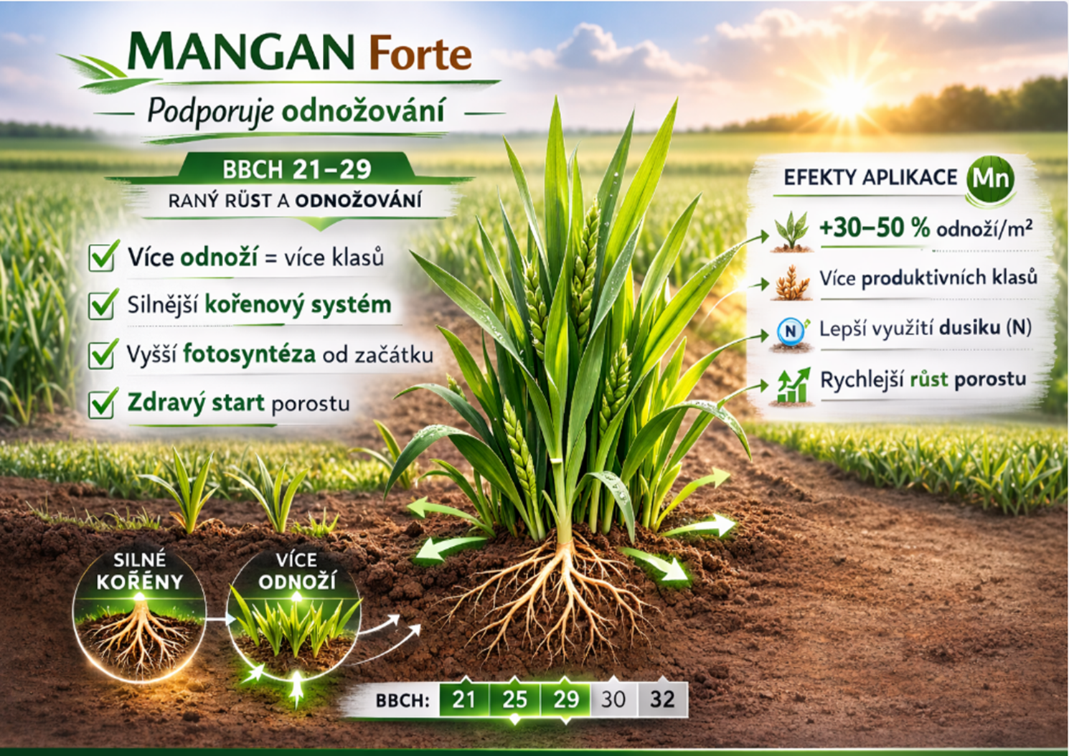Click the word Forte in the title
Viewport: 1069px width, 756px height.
420,54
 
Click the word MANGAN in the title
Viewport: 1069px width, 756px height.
241,52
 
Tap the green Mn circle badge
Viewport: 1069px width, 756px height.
990,179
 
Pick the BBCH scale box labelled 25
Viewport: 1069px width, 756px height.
514,700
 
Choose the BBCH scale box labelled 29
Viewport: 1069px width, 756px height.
565,700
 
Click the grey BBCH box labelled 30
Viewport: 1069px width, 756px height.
613,700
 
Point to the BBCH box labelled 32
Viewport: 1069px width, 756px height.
662,700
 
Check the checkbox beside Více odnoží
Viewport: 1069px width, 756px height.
102,257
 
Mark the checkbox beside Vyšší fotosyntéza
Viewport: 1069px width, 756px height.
102,354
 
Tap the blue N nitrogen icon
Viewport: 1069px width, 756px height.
791,331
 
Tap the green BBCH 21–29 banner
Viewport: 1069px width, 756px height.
296,169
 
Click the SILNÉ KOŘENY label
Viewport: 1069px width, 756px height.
139,571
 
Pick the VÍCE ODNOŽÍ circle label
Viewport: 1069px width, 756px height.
296,571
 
